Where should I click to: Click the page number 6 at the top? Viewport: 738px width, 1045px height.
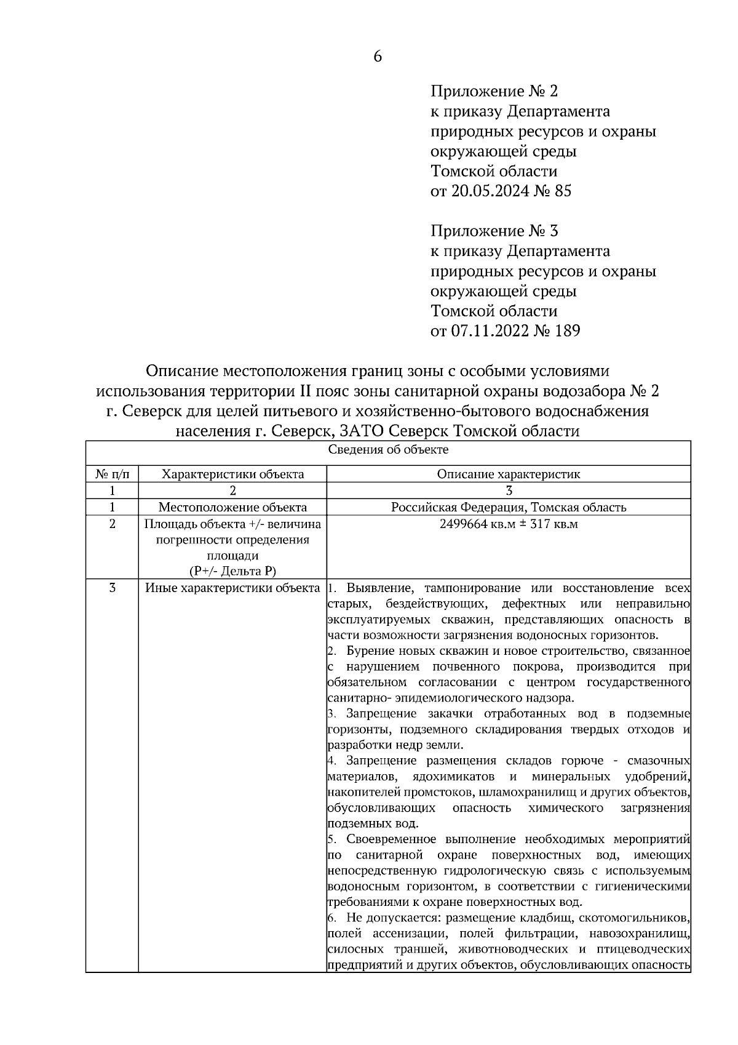[x=378, y=57]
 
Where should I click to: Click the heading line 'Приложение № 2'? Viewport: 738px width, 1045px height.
[x=494, y=92]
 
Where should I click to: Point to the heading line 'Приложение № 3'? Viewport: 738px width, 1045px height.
[x=494, y=231]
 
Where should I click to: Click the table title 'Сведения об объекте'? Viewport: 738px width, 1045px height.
[x=388, y=449]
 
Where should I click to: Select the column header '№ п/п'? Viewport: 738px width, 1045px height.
[x=113, y=474]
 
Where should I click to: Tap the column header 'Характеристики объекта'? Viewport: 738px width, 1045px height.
[x=232, y=474]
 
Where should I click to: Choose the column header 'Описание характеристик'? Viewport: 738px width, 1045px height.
[x=509, y=474]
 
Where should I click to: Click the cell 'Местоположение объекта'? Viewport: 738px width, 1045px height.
[x=232, y=507]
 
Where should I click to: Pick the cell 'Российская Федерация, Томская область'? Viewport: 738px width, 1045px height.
[x=509, y=507]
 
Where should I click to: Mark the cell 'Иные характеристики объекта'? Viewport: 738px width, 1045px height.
[x=232, y=588]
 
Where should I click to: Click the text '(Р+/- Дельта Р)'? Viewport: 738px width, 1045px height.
[x=232, y=571]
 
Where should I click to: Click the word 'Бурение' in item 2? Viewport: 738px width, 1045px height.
[x=370, y=651]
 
